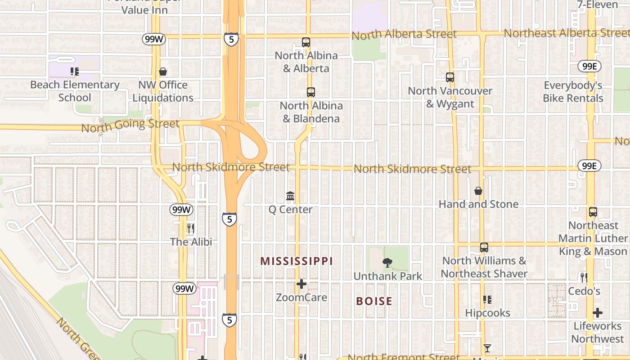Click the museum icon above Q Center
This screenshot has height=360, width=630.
pos(290,196)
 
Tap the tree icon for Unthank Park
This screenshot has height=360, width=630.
pos(387,263)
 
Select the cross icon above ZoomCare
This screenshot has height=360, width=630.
pos(301,284)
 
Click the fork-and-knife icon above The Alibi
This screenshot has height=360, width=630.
pos(191,229)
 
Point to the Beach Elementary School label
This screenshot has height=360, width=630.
pos(75,91)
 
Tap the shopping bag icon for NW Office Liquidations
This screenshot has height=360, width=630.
pos(163,72)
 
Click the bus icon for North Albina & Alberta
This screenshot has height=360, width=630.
pos(306,43)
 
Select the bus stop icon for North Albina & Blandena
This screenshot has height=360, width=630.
pos(310,92)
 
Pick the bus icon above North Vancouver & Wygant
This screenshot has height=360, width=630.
pos(450,77)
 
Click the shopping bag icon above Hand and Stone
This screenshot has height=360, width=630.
pos(478,191)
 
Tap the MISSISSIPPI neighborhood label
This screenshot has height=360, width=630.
pos(297,261)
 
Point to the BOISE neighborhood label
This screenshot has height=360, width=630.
pos(374,301)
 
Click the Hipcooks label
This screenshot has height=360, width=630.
pos(488,313)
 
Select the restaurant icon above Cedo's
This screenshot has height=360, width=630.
pos(584,277)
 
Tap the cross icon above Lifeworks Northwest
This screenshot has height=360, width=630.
pos(598,313)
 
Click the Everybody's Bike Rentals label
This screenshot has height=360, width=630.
pos(573,92)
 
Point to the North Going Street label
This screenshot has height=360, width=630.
pos(130,125)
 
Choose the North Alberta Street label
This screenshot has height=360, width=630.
pos(404,34)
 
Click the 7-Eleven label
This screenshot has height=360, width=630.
pos(598,4)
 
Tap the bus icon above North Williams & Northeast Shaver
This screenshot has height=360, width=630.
pos(484,247)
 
